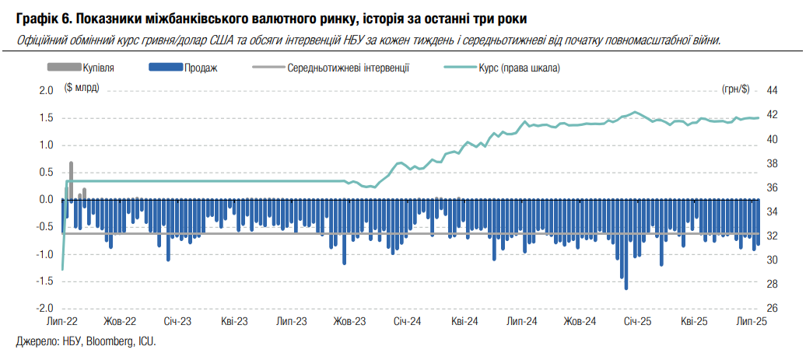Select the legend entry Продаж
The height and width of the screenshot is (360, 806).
pos(201,68)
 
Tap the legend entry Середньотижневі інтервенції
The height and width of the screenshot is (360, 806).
pos(348,68)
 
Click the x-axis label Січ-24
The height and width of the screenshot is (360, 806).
pos(407,321)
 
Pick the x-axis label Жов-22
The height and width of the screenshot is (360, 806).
pos(120,321)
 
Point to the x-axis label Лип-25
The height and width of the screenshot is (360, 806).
pos(752,321)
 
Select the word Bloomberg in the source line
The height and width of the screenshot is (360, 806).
pos(109,341)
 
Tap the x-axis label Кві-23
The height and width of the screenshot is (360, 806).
pos(234,321)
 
